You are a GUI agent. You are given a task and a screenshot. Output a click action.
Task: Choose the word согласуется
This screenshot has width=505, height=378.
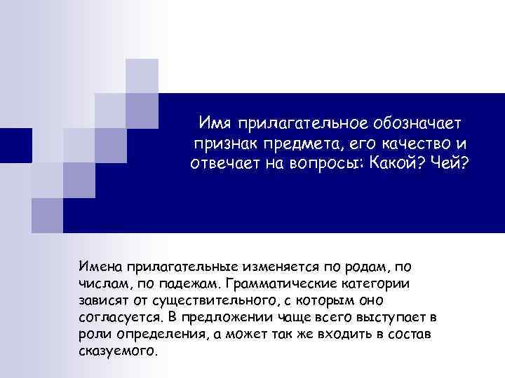click(116, 317)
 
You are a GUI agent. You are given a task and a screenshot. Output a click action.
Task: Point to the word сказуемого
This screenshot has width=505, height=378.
click(115, 350)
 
